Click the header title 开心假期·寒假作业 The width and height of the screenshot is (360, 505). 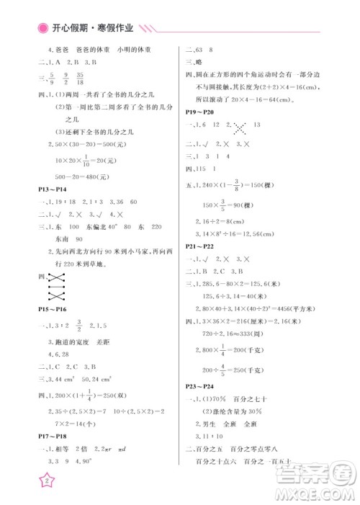92,28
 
